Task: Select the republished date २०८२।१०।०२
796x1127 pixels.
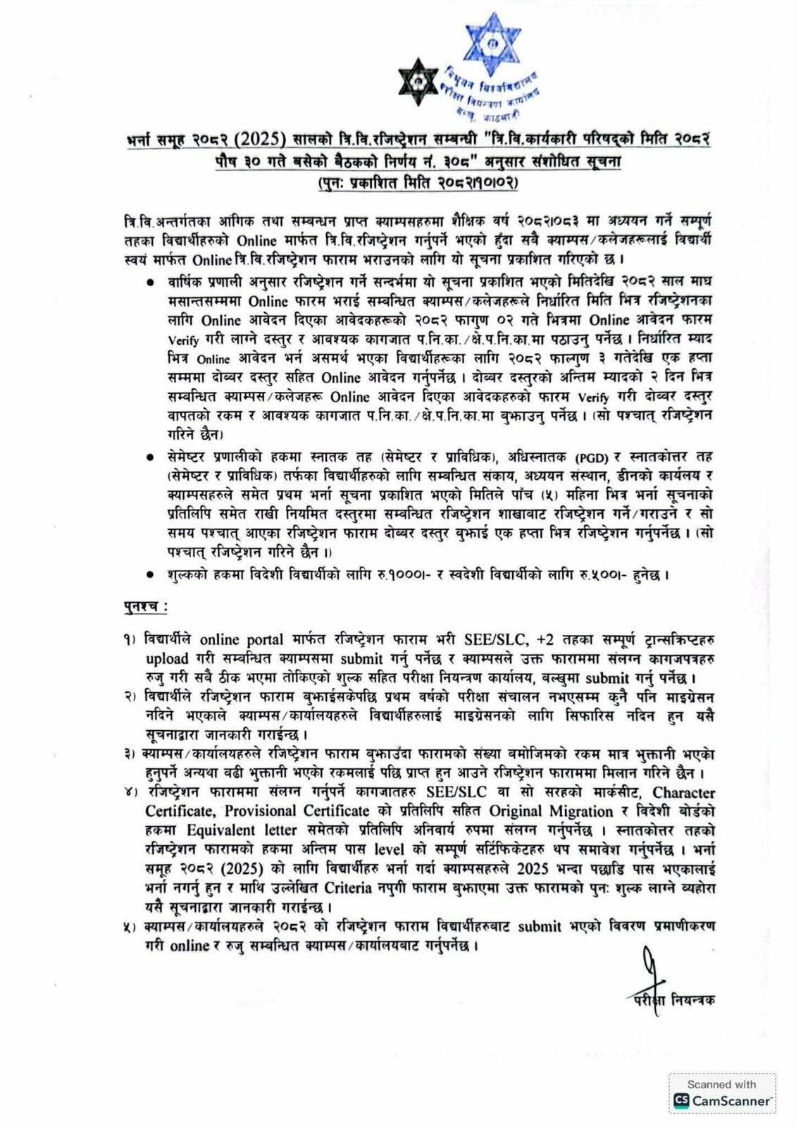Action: pyautogui.click(x=478, y=183)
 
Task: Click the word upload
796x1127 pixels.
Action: pyautogui.click(x=167, y=659)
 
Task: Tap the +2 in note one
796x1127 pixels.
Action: pyautogui.click(x=545, y=640)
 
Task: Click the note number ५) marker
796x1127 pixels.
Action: pyautogui.click(x=130, y=926)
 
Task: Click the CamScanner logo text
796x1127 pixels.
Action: pyautogui.click(x=731, y=1100)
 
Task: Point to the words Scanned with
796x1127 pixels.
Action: pyautogui.click(x=721, y=1084)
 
